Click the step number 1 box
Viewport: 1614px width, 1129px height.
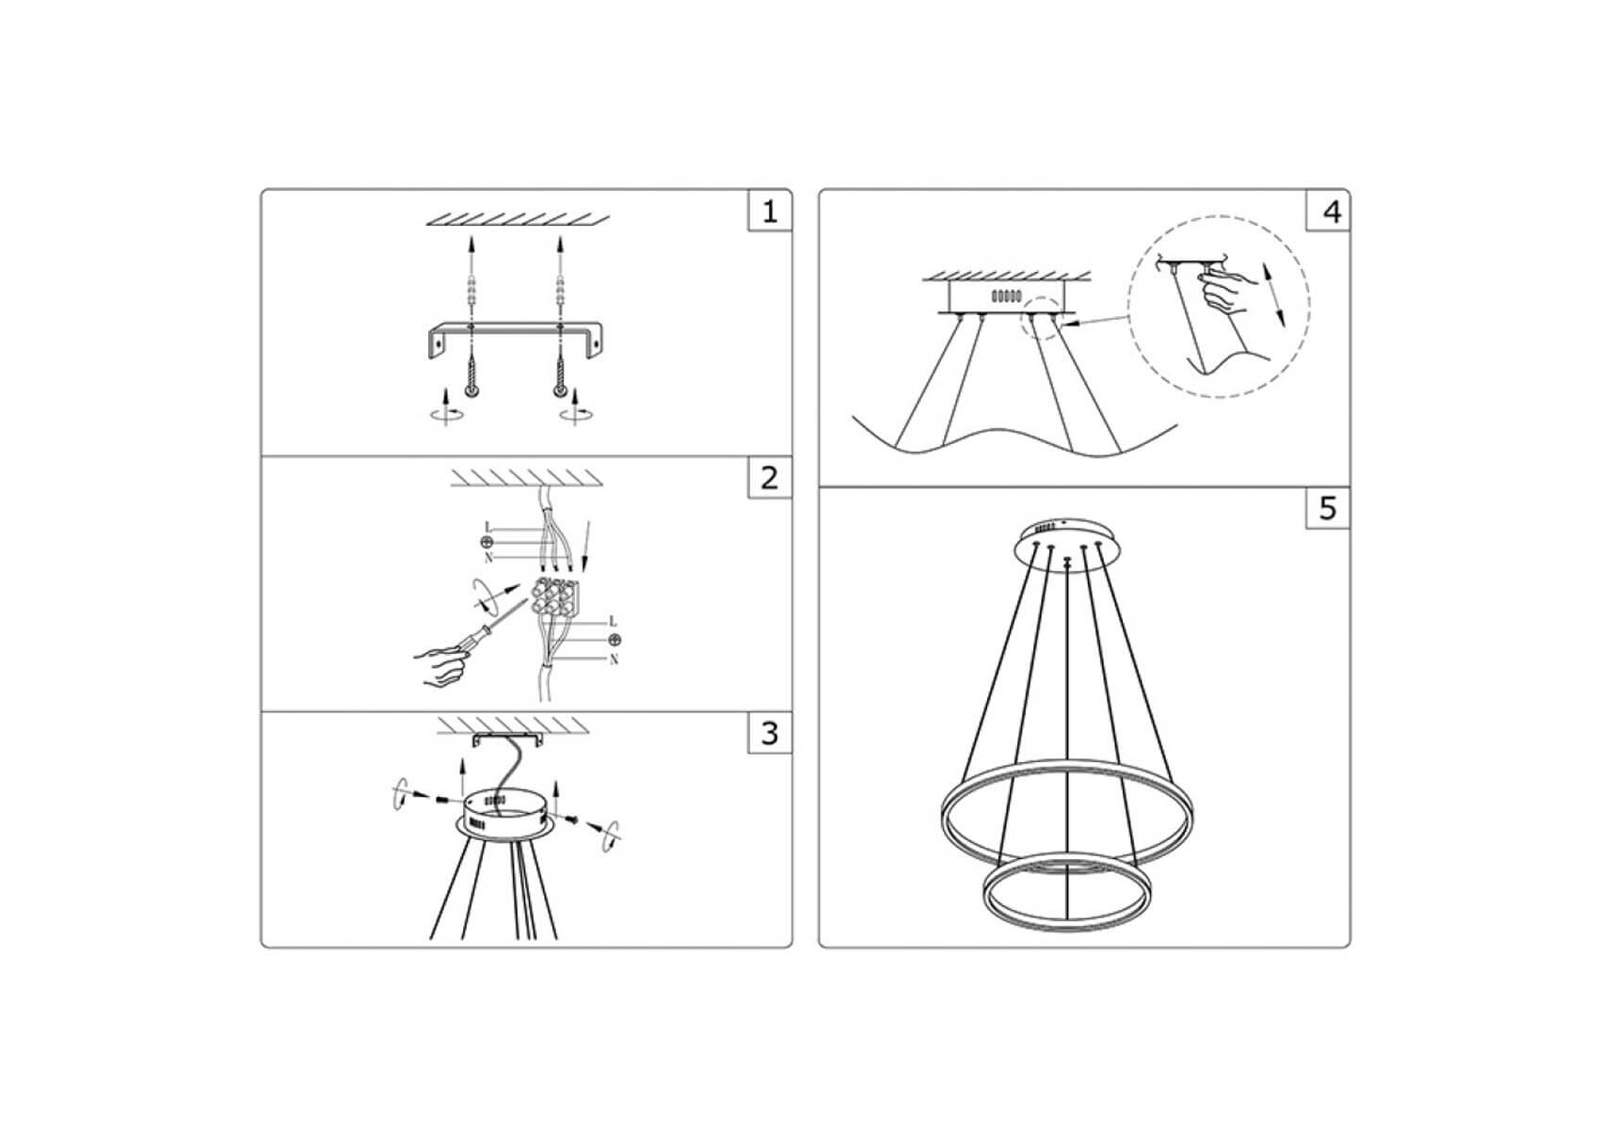(x=770, y=211)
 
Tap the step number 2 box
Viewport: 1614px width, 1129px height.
(x=770, y=478)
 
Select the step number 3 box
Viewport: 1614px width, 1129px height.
(x=770, y=733)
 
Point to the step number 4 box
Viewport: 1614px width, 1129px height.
(x=1328, y=211)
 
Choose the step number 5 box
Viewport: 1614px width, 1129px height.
(x=1328, y=508)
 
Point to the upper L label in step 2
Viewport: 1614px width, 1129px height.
(x=487, y=527)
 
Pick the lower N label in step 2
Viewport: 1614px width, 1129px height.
(x=614, y=660)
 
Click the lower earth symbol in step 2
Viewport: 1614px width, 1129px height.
(x=614, y=641)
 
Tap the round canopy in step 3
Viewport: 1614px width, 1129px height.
(x=505, y=815)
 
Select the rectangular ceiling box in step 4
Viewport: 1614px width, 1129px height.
(x=1005, y=297)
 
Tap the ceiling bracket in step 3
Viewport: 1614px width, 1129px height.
(x=507, y=739)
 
